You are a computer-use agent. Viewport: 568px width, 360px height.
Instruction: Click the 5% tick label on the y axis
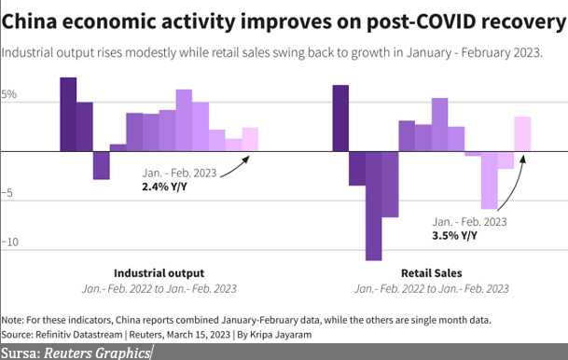pos(9,94)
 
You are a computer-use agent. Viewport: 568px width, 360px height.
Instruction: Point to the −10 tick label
pos(10,242)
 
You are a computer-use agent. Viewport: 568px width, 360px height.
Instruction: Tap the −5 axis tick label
pos(7,193)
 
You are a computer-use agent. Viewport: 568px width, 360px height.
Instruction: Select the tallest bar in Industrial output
pos(68,114)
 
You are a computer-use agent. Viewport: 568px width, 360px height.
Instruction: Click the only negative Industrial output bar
pos(101,165)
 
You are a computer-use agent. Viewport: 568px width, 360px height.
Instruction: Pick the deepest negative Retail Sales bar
pos(373,206)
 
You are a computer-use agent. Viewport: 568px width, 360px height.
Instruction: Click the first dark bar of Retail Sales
pos(340,118)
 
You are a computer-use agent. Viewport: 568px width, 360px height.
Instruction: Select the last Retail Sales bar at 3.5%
pos(522,134)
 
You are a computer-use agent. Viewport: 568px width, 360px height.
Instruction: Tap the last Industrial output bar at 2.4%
pos(250,140)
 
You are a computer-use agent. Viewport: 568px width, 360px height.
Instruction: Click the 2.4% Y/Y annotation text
pos(164,187)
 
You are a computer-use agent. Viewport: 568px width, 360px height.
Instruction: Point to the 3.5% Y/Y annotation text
pos(454,236)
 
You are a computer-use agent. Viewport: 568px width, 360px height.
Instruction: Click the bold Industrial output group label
pos(159,273)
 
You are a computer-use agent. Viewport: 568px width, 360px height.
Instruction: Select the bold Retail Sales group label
pos(432,273)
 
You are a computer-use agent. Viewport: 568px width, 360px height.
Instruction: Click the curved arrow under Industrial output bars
pos(235,170)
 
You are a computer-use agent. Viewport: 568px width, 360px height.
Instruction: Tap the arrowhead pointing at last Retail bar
pos(522,159)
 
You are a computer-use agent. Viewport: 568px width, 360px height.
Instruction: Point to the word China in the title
pos(29,21)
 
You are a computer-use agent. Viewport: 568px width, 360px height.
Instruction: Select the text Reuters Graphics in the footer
pos(97,353)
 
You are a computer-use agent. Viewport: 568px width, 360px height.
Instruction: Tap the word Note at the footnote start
pos(12,320)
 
